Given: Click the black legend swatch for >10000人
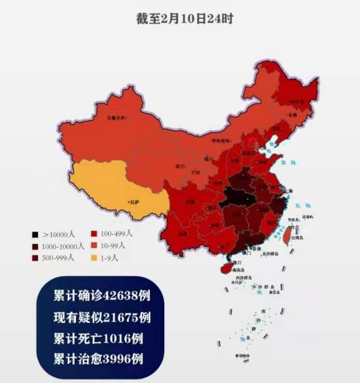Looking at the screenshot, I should click(x=35, y=235).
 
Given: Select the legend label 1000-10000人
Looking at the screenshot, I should click(x=64, y=246).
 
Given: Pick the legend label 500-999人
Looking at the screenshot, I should click(x=59, y=257).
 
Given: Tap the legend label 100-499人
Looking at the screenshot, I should click(x=117, y=234).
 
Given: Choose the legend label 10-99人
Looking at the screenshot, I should click(x=115, y=245).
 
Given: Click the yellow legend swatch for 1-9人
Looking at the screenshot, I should click(x=94, y=257).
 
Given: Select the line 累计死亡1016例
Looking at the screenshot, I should click(x=98, y=338).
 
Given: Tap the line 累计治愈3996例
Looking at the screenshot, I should click(x=98, y=359).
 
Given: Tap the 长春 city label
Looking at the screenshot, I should click(x=292, y=115).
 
